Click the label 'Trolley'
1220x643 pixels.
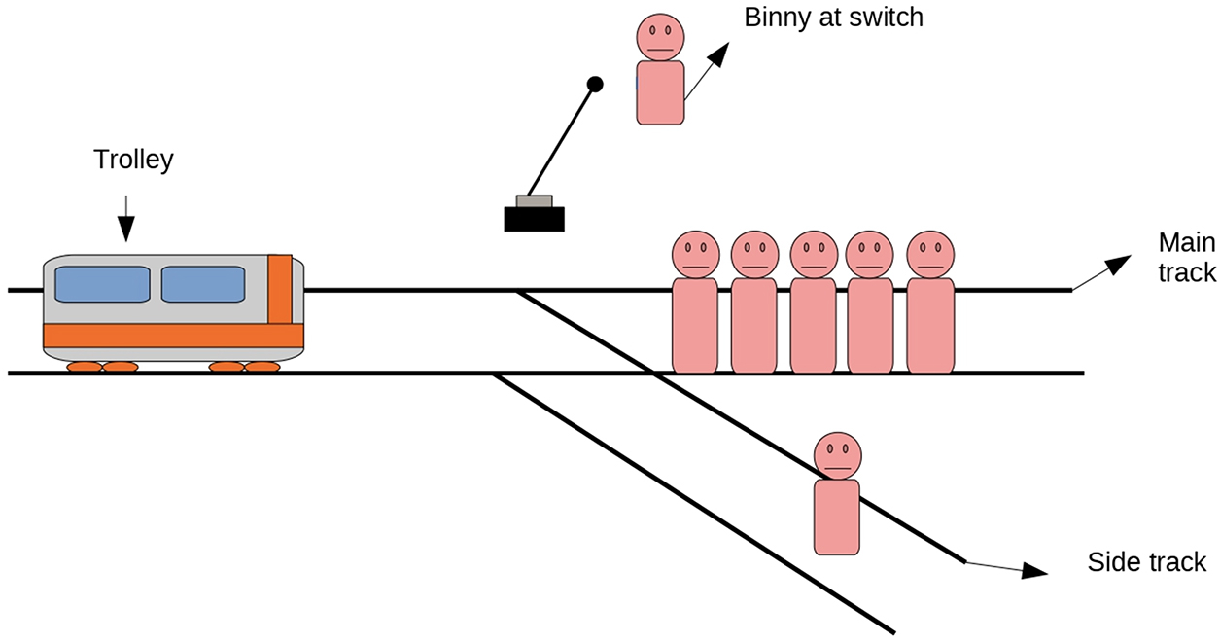[x=133, y=160]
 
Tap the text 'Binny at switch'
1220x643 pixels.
[x=832, y=18]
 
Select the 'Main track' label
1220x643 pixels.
[x=1186, y=258]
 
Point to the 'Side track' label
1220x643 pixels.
[x=1146, y=561]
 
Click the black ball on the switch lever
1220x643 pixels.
[x=596, y=86]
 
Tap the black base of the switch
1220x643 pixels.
[x=535, y=219]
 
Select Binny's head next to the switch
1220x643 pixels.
[x=661, y=37]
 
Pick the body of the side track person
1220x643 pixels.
[x=836, y=517]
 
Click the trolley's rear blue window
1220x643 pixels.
[x=102, y=284]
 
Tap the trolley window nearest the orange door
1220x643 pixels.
[x=202, y=284]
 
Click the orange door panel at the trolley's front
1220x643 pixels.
[x=280, y=288]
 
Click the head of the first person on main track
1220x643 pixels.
[x=695, y=254]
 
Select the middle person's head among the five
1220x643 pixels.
[x=814, y=254]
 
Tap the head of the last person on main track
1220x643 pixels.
[x=930, y=254]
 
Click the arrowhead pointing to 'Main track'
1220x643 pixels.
[x=1119, y=264]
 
